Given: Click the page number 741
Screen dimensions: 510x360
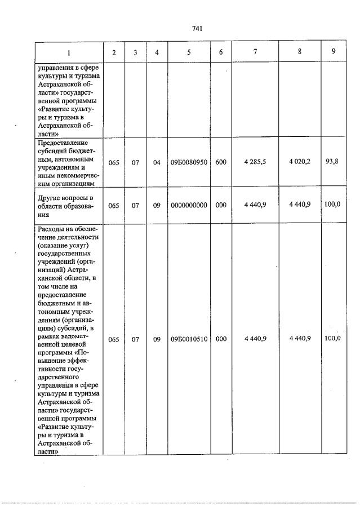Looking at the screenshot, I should point(197,29).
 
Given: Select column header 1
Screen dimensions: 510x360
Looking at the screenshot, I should point(69,52).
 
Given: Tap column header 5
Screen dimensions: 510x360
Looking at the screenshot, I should point(189,52).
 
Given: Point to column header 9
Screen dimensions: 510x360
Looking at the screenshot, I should point(334,52).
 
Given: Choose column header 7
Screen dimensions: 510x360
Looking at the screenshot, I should point(255,52).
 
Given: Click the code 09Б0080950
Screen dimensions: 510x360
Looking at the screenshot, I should point(189,162).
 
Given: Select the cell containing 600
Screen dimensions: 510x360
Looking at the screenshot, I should point(220,162).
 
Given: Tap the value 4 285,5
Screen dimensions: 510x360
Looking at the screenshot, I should point(255,162).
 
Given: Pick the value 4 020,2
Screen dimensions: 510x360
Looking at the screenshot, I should point(300,162).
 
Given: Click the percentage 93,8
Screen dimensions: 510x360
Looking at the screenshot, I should point(332,162).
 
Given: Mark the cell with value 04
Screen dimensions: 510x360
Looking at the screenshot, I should point(157,162).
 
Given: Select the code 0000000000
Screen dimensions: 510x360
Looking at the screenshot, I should point(189,205).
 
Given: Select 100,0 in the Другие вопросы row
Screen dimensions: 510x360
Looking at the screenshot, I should point(332,205).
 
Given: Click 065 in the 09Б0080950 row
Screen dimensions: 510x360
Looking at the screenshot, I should point(114,162).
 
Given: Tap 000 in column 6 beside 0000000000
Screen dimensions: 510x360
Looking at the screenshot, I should point(220,205).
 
